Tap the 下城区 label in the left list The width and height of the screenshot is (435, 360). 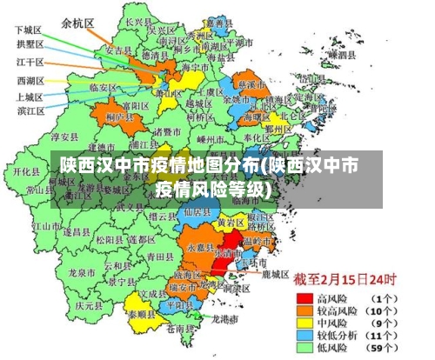tap(29, 30)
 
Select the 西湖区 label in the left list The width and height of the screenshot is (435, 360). tap(29, 80)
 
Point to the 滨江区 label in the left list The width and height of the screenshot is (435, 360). tap(29, 111)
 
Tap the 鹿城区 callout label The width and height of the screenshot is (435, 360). tap(275, 273)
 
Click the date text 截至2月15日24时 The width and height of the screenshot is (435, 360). tap(344, 280)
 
